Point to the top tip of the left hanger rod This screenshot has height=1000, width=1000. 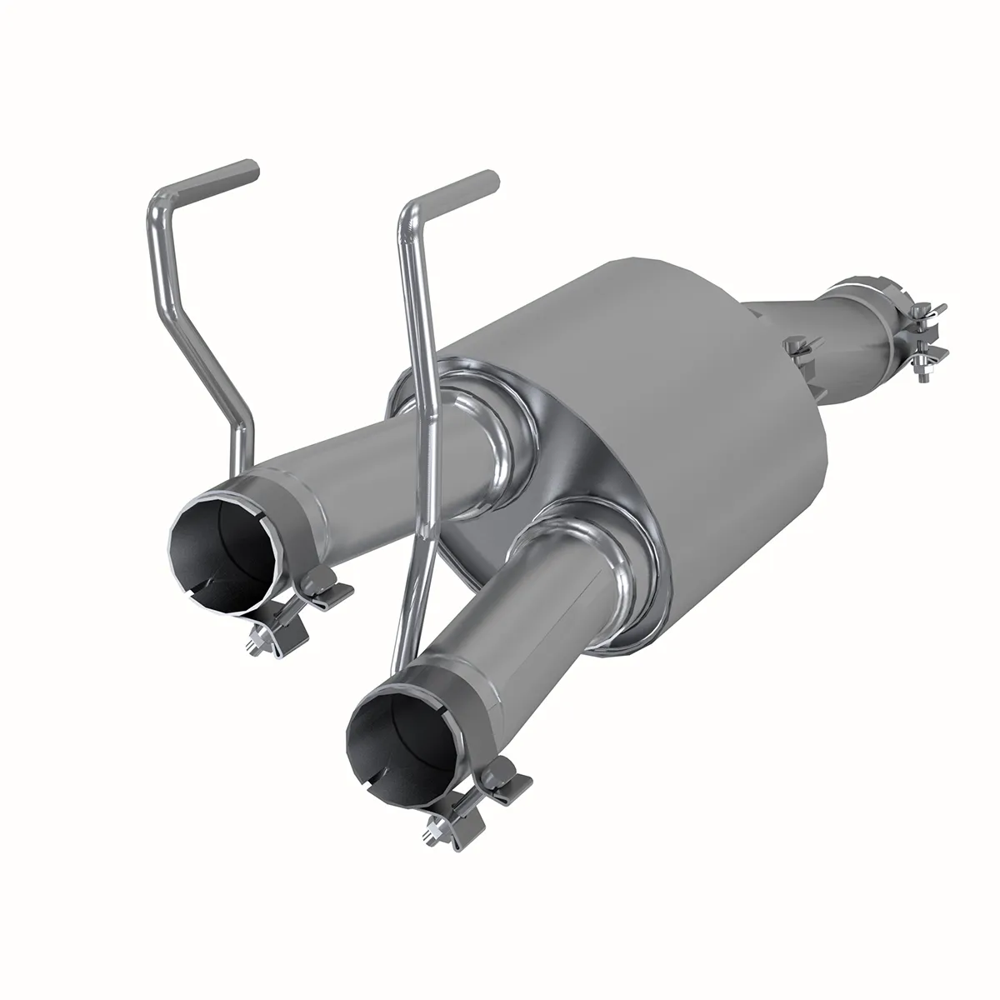click(x=252, y=166)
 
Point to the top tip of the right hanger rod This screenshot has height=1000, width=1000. click(x=492, y=177)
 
